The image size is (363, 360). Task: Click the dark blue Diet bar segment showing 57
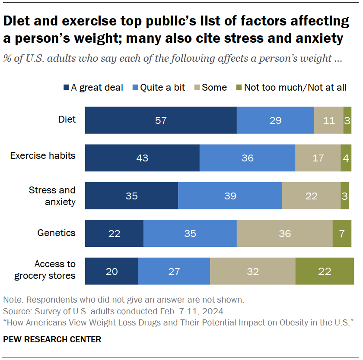point(161,120)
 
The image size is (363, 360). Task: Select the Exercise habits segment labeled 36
point(247,158)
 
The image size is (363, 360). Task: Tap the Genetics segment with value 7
point(342,234)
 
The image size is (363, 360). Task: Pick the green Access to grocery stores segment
point(325,272)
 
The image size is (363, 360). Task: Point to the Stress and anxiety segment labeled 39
point(230,196)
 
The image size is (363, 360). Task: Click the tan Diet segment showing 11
point(329,120)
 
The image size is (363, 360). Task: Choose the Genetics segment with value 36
point(284,234)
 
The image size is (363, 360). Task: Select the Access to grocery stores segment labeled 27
point(174,272)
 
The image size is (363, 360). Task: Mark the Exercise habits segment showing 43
point(142,158)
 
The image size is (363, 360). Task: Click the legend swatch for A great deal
point(66,88)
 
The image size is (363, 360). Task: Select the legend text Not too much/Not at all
point(295,88)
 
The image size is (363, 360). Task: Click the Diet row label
point(67,120)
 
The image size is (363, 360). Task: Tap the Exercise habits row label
point(43,155)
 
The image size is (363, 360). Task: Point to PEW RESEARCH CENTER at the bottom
point(52,339)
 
